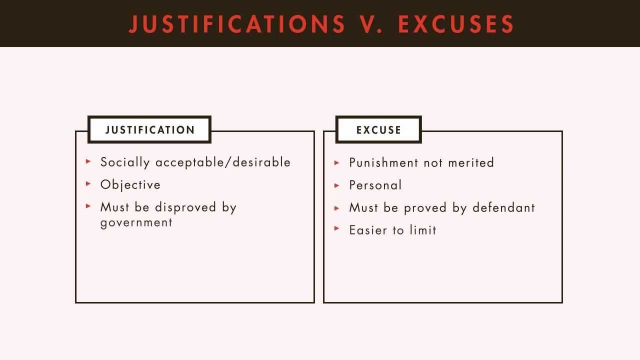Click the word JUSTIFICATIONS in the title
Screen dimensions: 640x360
click(237, 24)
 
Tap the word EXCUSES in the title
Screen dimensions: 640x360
click(456, 24)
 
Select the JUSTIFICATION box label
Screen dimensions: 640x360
click(149, 130)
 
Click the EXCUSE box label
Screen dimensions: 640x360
click(378, 130)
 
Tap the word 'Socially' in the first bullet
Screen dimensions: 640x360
click(125, 162)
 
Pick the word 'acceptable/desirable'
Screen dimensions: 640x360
click(223, 162)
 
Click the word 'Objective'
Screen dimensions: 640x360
click(130, 185)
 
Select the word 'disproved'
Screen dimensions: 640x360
click(185, 207)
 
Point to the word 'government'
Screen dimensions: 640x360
click(136, 223)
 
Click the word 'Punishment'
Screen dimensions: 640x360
click(383, 162)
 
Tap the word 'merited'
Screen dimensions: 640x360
click(471, 162)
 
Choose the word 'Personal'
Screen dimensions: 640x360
click(375, 185)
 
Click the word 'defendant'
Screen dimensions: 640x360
click(503, 207)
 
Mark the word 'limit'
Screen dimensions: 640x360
click(423, 230)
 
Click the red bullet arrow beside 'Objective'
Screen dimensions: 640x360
click(88, 184)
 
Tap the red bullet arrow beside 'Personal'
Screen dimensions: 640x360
click(337, 185)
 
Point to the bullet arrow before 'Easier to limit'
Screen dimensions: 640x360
click(337, 228)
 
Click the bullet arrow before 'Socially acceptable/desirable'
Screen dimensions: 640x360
click(88, 161)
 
